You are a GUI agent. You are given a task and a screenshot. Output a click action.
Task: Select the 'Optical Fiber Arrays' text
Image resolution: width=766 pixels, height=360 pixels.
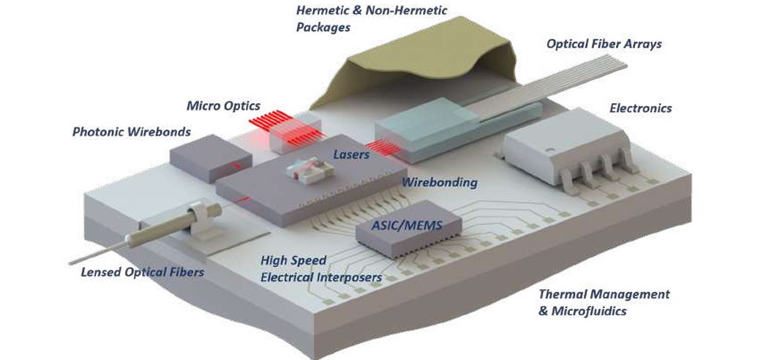pos(604,44)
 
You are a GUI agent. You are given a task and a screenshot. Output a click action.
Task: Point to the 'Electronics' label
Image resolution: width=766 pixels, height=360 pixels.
pos(640,108)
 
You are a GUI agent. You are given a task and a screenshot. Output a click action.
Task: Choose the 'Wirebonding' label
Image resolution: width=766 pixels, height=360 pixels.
pos(440,181)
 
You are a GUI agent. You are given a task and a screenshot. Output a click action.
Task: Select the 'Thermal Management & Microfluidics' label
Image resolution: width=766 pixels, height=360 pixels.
pos(603,302)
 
